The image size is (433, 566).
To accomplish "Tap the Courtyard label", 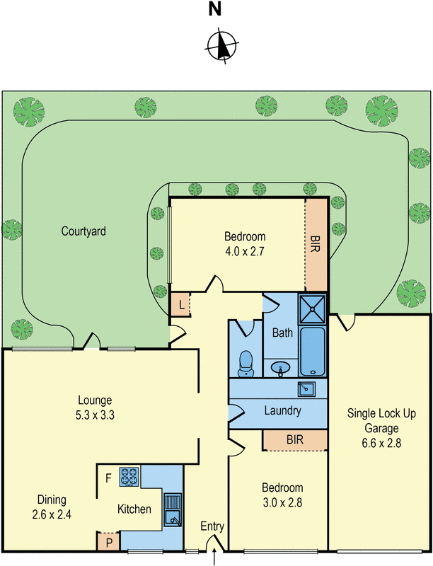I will (83, 231).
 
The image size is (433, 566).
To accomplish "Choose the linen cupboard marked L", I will (181, 305).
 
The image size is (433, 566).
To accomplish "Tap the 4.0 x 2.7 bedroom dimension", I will (245, 250).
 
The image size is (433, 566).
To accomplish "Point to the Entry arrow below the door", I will (214, 559).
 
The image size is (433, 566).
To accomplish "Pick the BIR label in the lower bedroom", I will (294, 439).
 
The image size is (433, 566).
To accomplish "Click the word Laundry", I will (282, 410).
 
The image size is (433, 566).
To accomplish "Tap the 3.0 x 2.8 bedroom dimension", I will (282, 502).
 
